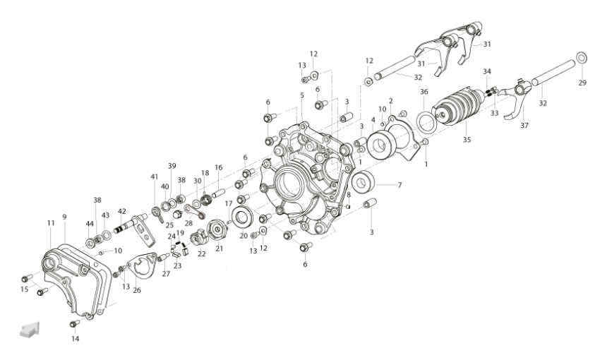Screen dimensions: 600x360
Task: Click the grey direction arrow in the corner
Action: pyautogui.click(x=30, y=329)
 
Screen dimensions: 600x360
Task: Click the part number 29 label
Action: pyautogui.click(x=582, y=83)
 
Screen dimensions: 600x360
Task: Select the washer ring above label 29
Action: pyautogui.click(x=582, y=57)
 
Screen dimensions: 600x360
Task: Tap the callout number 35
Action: pyautogui.click(x=467, y=140)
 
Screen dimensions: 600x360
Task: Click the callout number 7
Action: pyautogui.click(x=400, y=185)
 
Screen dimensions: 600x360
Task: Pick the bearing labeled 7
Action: pyautogui.click(x=363, y=183)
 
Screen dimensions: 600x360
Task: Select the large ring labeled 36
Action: pyautogui.click(x=426, y=121)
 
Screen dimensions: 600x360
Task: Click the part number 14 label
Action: pyautogui.click(x=76, y=339)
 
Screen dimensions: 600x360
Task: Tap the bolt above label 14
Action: pyautogui.click(x=74, y=324)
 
